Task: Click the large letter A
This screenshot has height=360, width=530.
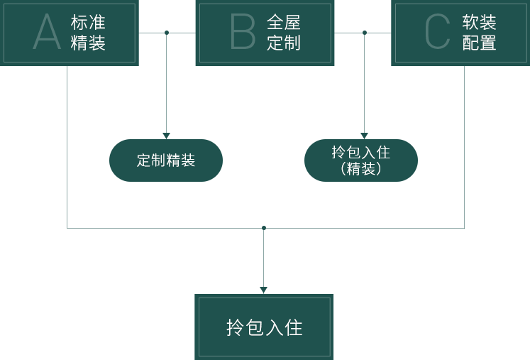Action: [47, 32]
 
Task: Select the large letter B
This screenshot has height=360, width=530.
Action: [242, 32]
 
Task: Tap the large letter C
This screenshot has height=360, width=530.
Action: [437, 32]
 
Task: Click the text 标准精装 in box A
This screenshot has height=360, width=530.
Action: [88, 33]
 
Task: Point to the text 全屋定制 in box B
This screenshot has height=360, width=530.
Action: [284, 33]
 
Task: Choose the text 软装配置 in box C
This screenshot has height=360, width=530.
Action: [479, 33]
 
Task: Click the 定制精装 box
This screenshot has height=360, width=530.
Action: [166, 160]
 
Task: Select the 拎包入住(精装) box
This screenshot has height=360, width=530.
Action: [360, 160]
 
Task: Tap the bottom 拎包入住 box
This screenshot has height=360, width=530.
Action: [264, 327]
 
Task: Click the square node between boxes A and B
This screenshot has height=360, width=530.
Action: [167, 33]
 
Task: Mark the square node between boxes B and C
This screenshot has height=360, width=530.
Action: [365, 33]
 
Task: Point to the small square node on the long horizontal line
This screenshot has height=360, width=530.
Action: [264, 228]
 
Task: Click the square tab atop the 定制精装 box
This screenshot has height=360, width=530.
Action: [166, 135]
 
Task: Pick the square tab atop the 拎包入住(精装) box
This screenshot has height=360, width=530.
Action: [364, 135]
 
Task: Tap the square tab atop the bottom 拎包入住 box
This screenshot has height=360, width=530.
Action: [264, 290]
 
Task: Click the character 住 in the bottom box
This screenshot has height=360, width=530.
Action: [294, 327]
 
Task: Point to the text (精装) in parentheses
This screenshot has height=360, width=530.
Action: [360, 169]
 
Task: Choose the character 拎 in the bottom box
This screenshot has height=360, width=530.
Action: [235, 327]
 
